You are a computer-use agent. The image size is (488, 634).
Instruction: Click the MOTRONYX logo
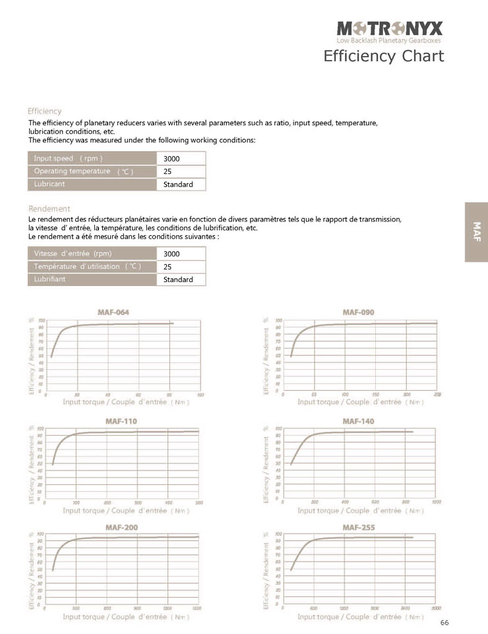coord(390,28)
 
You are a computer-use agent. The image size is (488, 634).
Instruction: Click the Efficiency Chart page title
coord(383,56)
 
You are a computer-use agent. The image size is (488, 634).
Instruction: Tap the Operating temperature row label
coord(83,171)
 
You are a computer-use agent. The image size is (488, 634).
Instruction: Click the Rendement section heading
coord(49,209)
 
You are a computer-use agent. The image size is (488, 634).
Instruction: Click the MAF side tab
coord(476,231)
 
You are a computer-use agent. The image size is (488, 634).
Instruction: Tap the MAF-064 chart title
coord(113,312)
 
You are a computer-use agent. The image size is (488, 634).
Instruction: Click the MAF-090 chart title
coord(359,312)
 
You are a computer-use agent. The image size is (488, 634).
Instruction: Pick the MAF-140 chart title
coord(359,420)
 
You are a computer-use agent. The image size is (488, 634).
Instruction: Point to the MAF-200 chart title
coord(121,527)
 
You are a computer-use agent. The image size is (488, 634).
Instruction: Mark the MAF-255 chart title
coord(359,527)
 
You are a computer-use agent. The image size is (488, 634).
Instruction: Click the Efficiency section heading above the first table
coord(45,111)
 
